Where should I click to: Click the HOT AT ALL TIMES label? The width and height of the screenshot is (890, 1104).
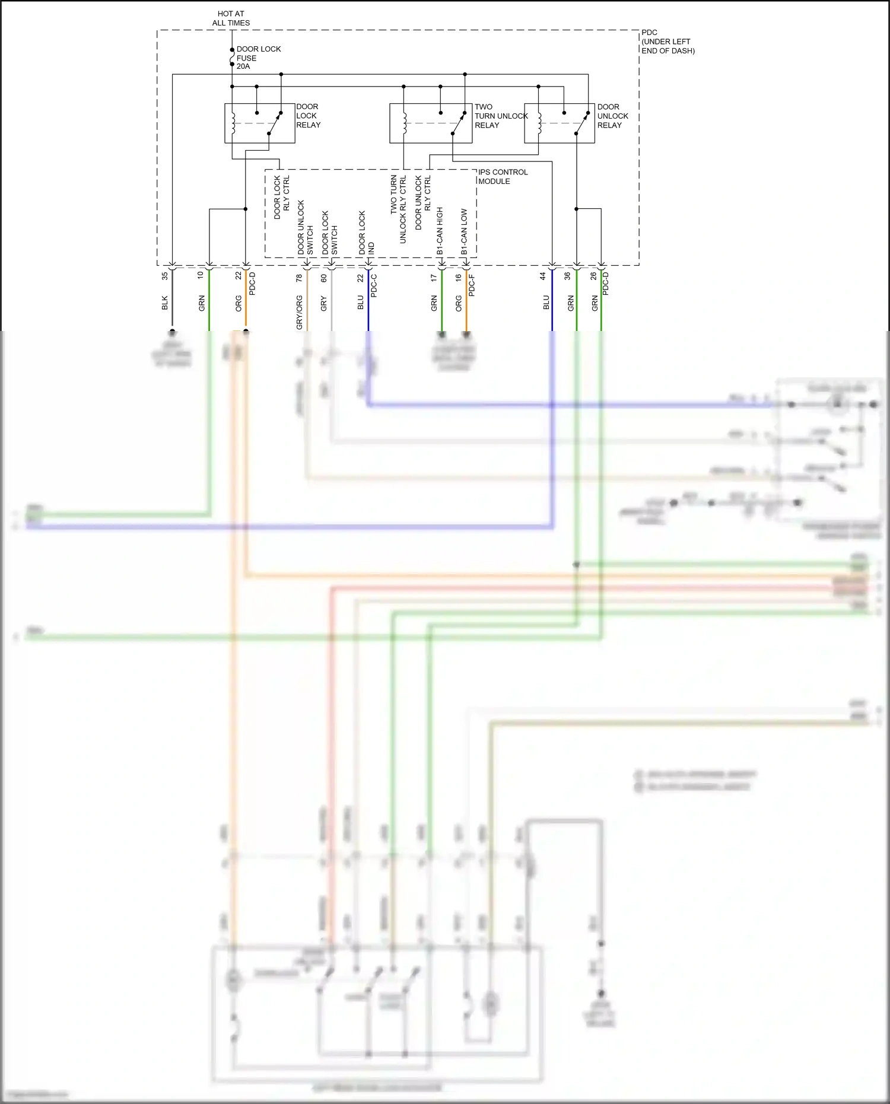click(x=231, y=18)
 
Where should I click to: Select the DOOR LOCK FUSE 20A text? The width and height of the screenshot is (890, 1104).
click(x=258, y=58)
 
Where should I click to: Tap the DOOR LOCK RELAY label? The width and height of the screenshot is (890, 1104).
click(x=308, y=116)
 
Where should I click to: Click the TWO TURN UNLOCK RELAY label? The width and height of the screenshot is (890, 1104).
click(x=500, y=116)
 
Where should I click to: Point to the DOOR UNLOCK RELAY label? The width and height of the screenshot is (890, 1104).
click(x=612, y=116)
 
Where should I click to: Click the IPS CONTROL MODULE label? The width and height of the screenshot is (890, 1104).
click(x=503, y=177)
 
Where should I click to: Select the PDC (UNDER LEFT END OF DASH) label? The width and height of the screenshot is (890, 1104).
click(x=667, y=42)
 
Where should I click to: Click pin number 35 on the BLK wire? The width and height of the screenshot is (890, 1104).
click(x=165, y=276)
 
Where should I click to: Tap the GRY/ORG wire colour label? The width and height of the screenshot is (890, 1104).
click(x=299, y=312)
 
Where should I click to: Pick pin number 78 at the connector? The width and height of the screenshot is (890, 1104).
click(x=299, y=277)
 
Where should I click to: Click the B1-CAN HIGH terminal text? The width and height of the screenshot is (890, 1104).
click(x=440, y=231)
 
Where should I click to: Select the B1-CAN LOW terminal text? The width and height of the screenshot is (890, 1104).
click(x=464, y=232)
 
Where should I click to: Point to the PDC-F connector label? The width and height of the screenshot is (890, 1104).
click(x=472, y=285)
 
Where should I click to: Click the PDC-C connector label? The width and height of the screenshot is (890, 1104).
click(x=374, y=285)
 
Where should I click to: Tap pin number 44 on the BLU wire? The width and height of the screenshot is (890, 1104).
click(x=542, y=276)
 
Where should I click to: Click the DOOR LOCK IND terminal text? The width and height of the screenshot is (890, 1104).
click(x=366, y=233)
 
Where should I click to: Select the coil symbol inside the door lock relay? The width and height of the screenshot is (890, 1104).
click(x=234, y=123)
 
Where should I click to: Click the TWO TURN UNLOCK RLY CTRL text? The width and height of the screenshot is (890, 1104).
click(x=398, y=209)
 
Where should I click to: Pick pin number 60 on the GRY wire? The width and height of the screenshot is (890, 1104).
click(x=324, y=278)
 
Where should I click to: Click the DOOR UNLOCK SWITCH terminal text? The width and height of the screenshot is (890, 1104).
click(x=305, y=228)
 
